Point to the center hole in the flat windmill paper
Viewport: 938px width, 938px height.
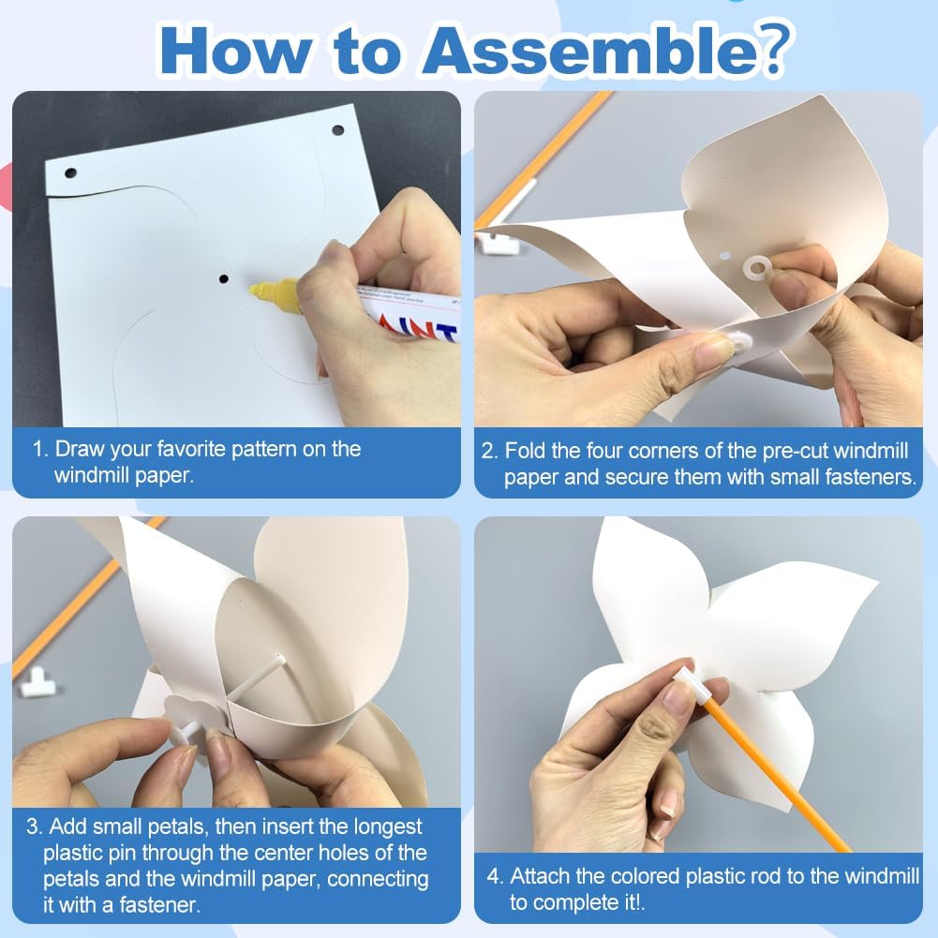(x=224, y=278)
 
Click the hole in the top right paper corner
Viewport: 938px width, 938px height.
(x=337, y=130)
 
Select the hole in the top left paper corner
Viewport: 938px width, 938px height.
(x=70, y=172)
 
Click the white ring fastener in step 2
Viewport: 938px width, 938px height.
(x=755, y=268)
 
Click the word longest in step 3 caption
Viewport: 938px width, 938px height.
(x=388, y=826)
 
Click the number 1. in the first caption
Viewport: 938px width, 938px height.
(x=40, y=449)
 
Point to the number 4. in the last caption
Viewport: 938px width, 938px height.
(x=495, y=876)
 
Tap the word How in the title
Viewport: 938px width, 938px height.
(x=234, y=51)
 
